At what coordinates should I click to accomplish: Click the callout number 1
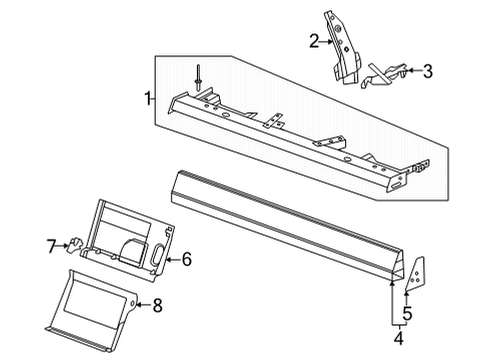[x=148, y=98]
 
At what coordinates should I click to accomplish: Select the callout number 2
[x=313, y=41]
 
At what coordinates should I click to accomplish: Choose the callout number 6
[x=185, y=259]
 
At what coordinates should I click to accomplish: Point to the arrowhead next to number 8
[x=140, y=304]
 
